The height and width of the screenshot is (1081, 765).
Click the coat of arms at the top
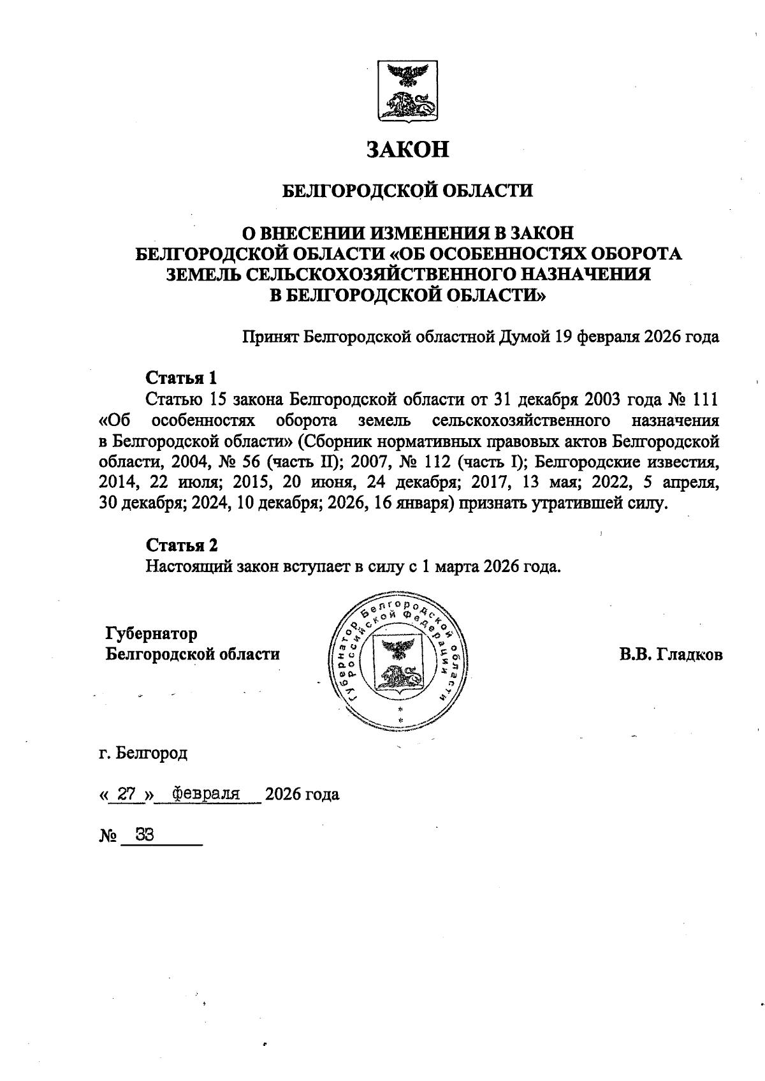pos(407,91)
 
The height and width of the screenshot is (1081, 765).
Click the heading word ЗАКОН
pos(407,149)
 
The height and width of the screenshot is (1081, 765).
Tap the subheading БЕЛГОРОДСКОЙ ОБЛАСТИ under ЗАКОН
pos(407,191)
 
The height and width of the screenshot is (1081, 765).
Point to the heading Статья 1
pos(182,378)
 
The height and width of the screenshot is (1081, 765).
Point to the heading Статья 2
pos(182,545)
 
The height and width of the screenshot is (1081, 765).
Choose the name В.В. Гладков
pos(671,655)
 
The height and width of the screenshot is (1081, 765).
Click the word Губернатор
pos(152,634)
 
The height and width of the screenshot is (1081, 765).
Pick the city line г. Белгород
pos(143,753)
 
